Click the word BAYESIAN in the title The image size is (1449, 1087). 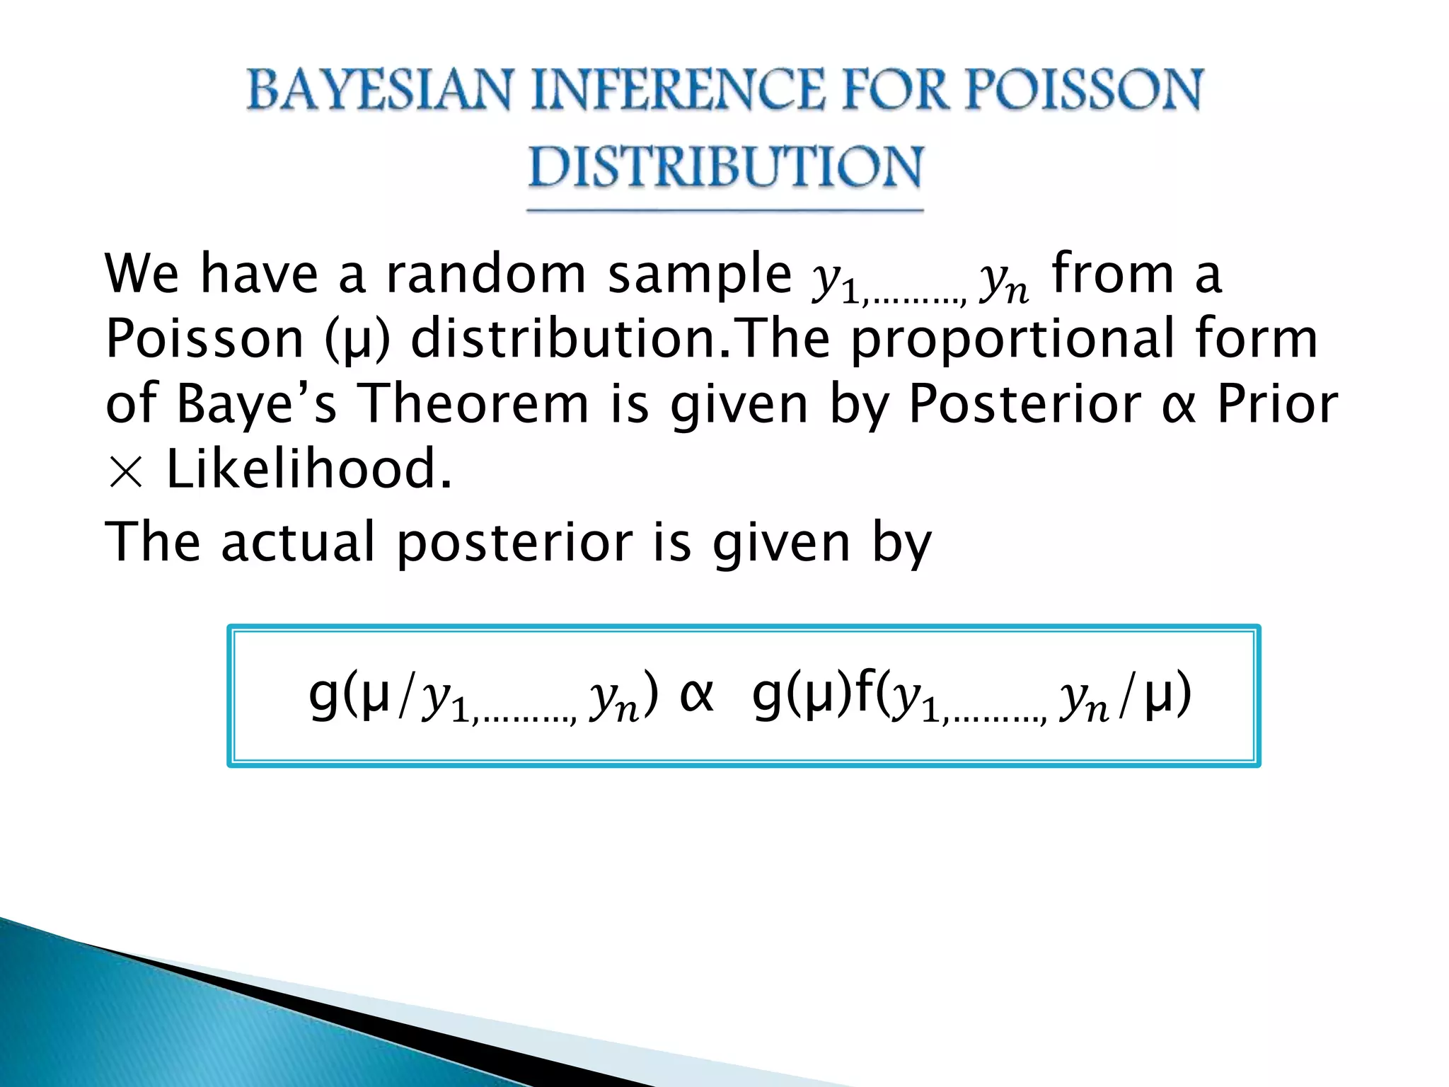coord(378,91)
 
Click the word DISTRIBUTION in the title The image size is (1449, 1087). coord(725,167)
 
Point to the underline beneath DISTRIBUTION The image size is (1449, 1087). coord(725,210)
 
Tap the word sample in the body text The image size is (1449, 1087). coord(699,274)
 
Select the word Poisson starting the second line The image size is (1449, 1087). coord(204,338)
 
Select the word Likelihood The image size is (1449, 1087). coord(308,469)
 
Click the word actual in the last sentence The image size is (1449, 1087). coord(298,542)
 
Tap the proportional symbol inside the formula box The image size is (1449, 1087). coord(696,695)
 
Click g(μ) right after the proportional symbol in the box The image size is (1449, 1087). coord(802,695)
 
